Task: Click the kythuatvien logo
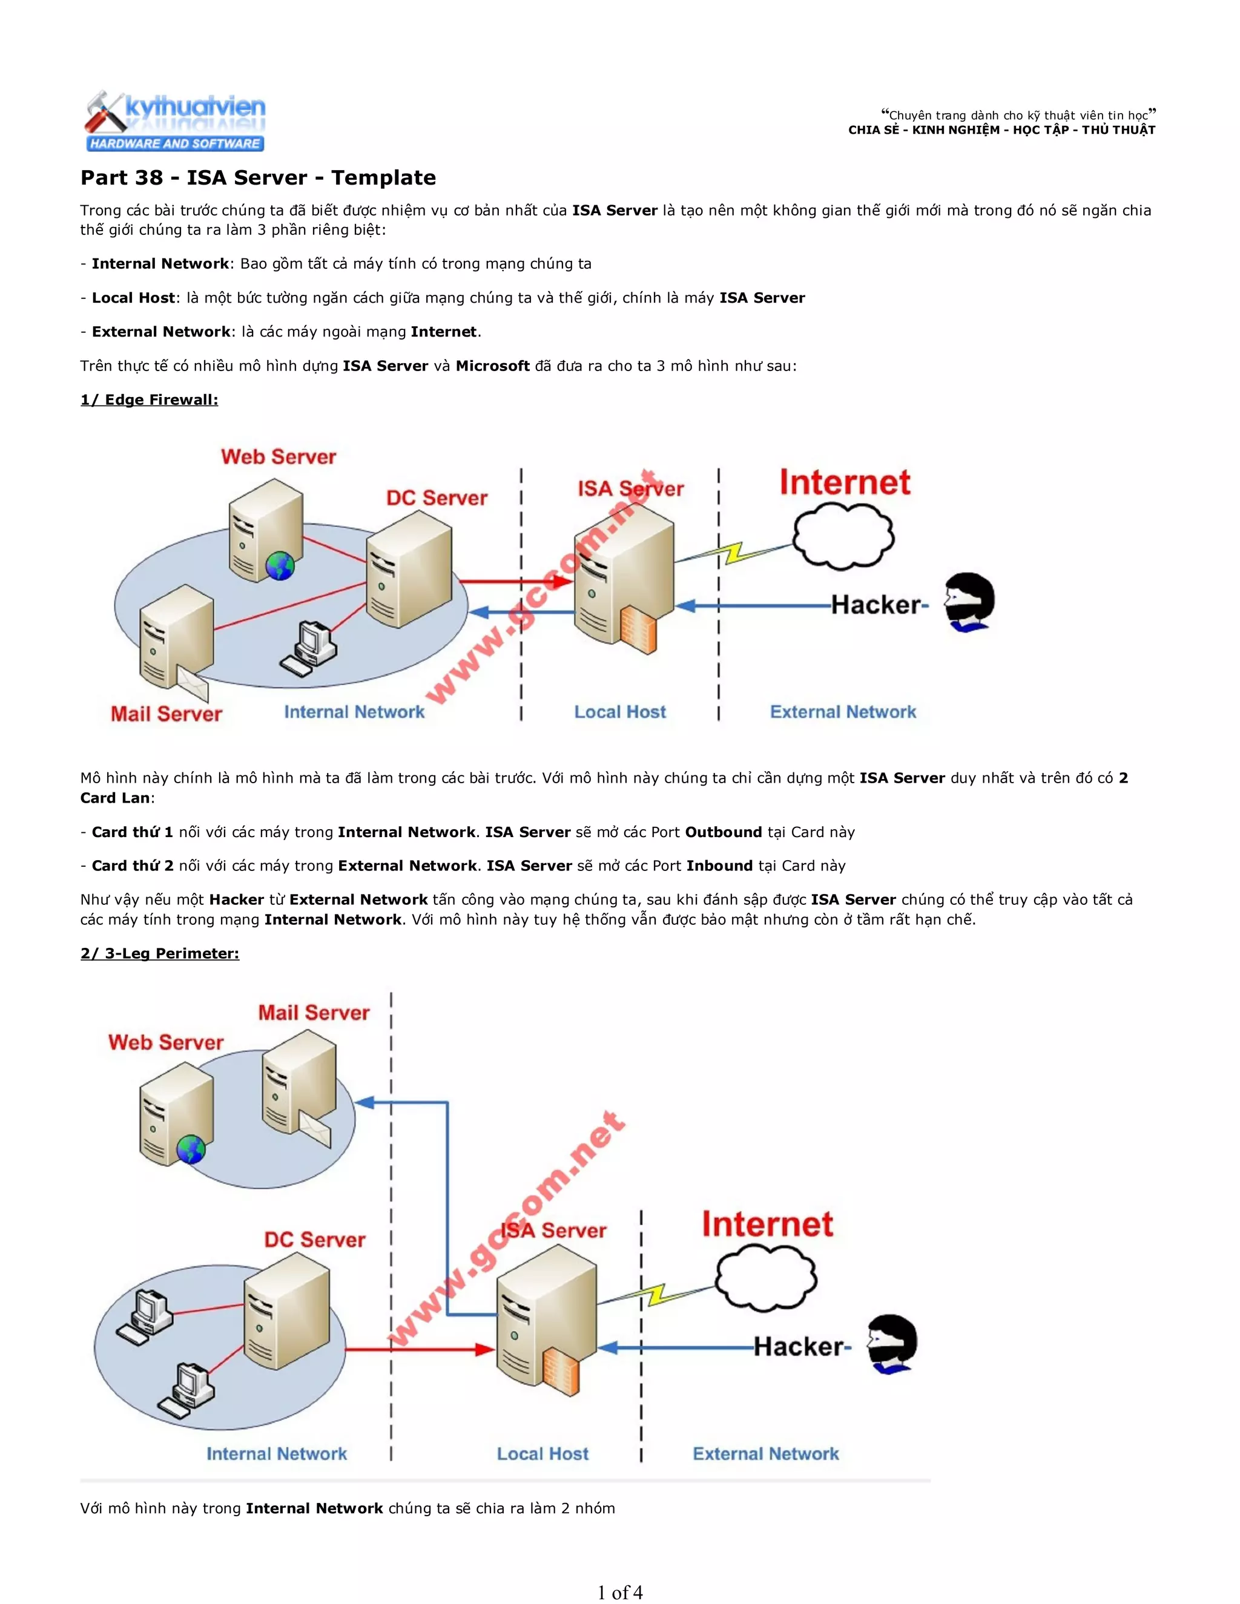pos(175,121)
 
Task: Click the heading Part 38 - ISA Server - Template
pos(258,178)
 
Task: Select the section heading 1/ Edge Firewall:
pos(149,399)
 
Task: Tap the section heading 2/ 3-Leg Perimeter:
pos(159,953)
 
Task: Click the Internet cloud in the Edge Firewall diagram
pos(843,537)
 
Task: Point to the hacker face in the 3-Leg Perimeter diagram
pos(892,1343)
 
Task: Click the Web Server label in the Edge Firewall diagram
pos(279,457)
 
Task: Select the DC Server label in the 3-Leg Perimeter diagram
pos(314,1240)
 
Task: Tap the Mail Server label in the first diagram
pos(166,714)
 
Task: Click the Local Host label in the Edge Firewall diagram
pos(620,712)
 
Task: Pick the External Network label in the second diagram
pos(765,1453)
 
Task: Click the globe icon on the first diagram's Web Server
pos(280,565)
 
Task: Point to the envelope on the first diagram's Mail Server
pos(193,685)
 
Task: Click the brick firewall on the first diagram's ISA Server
pos(638,630)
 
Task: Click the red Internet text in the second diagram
pos(767,1224)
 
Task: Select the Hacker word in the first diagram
pos(875,605)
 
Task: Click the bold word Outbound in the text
pos(723,832)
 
